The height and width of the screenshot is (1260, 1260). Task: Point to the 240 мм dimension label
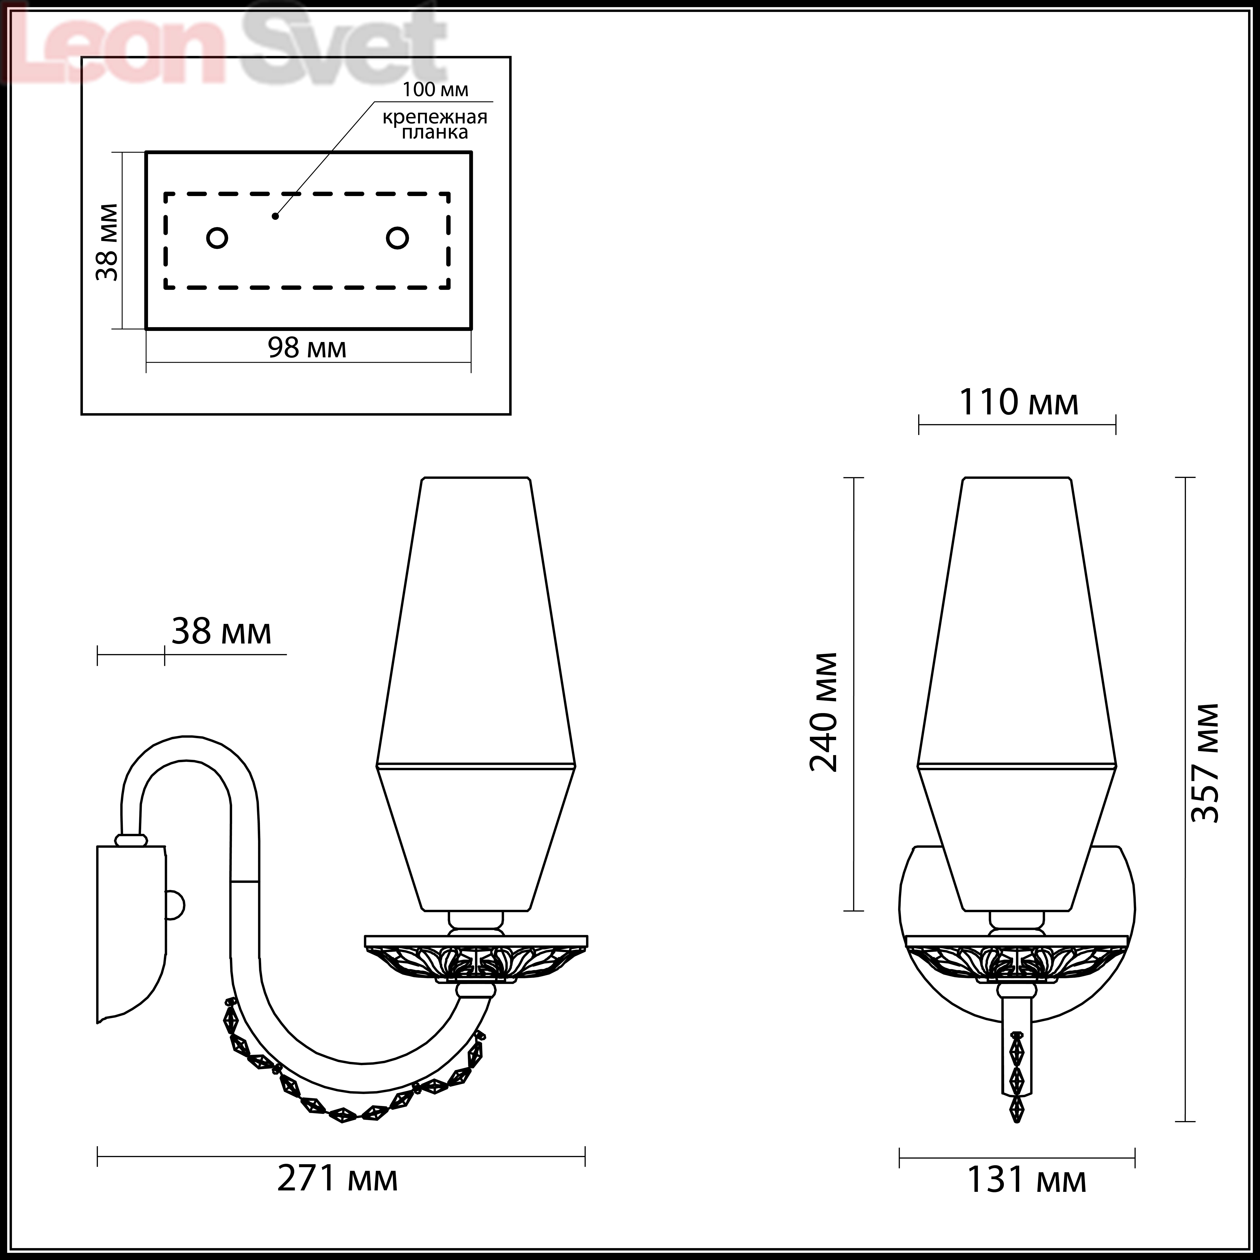tap(823, 712)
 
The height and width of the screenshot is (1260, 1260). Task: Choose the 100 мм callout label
tap(435, 89)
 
